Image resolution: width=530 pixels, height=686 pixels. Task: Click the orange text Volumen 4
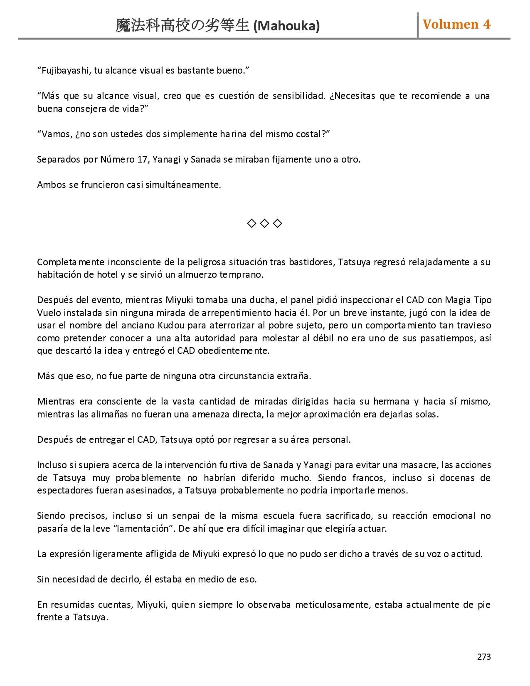[x=456, y=25]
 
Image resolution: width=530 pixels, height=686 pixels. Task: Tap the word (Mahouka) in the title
[x=286, y=26]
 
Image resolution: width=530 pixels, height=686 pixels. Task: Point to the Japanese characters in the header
[x=182, y=26]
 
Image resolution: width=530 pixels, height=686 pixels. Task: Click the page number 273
[x=484, y=657]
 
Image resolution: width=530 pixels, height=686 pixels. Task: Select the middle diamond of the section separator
[x=264, y=224]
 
